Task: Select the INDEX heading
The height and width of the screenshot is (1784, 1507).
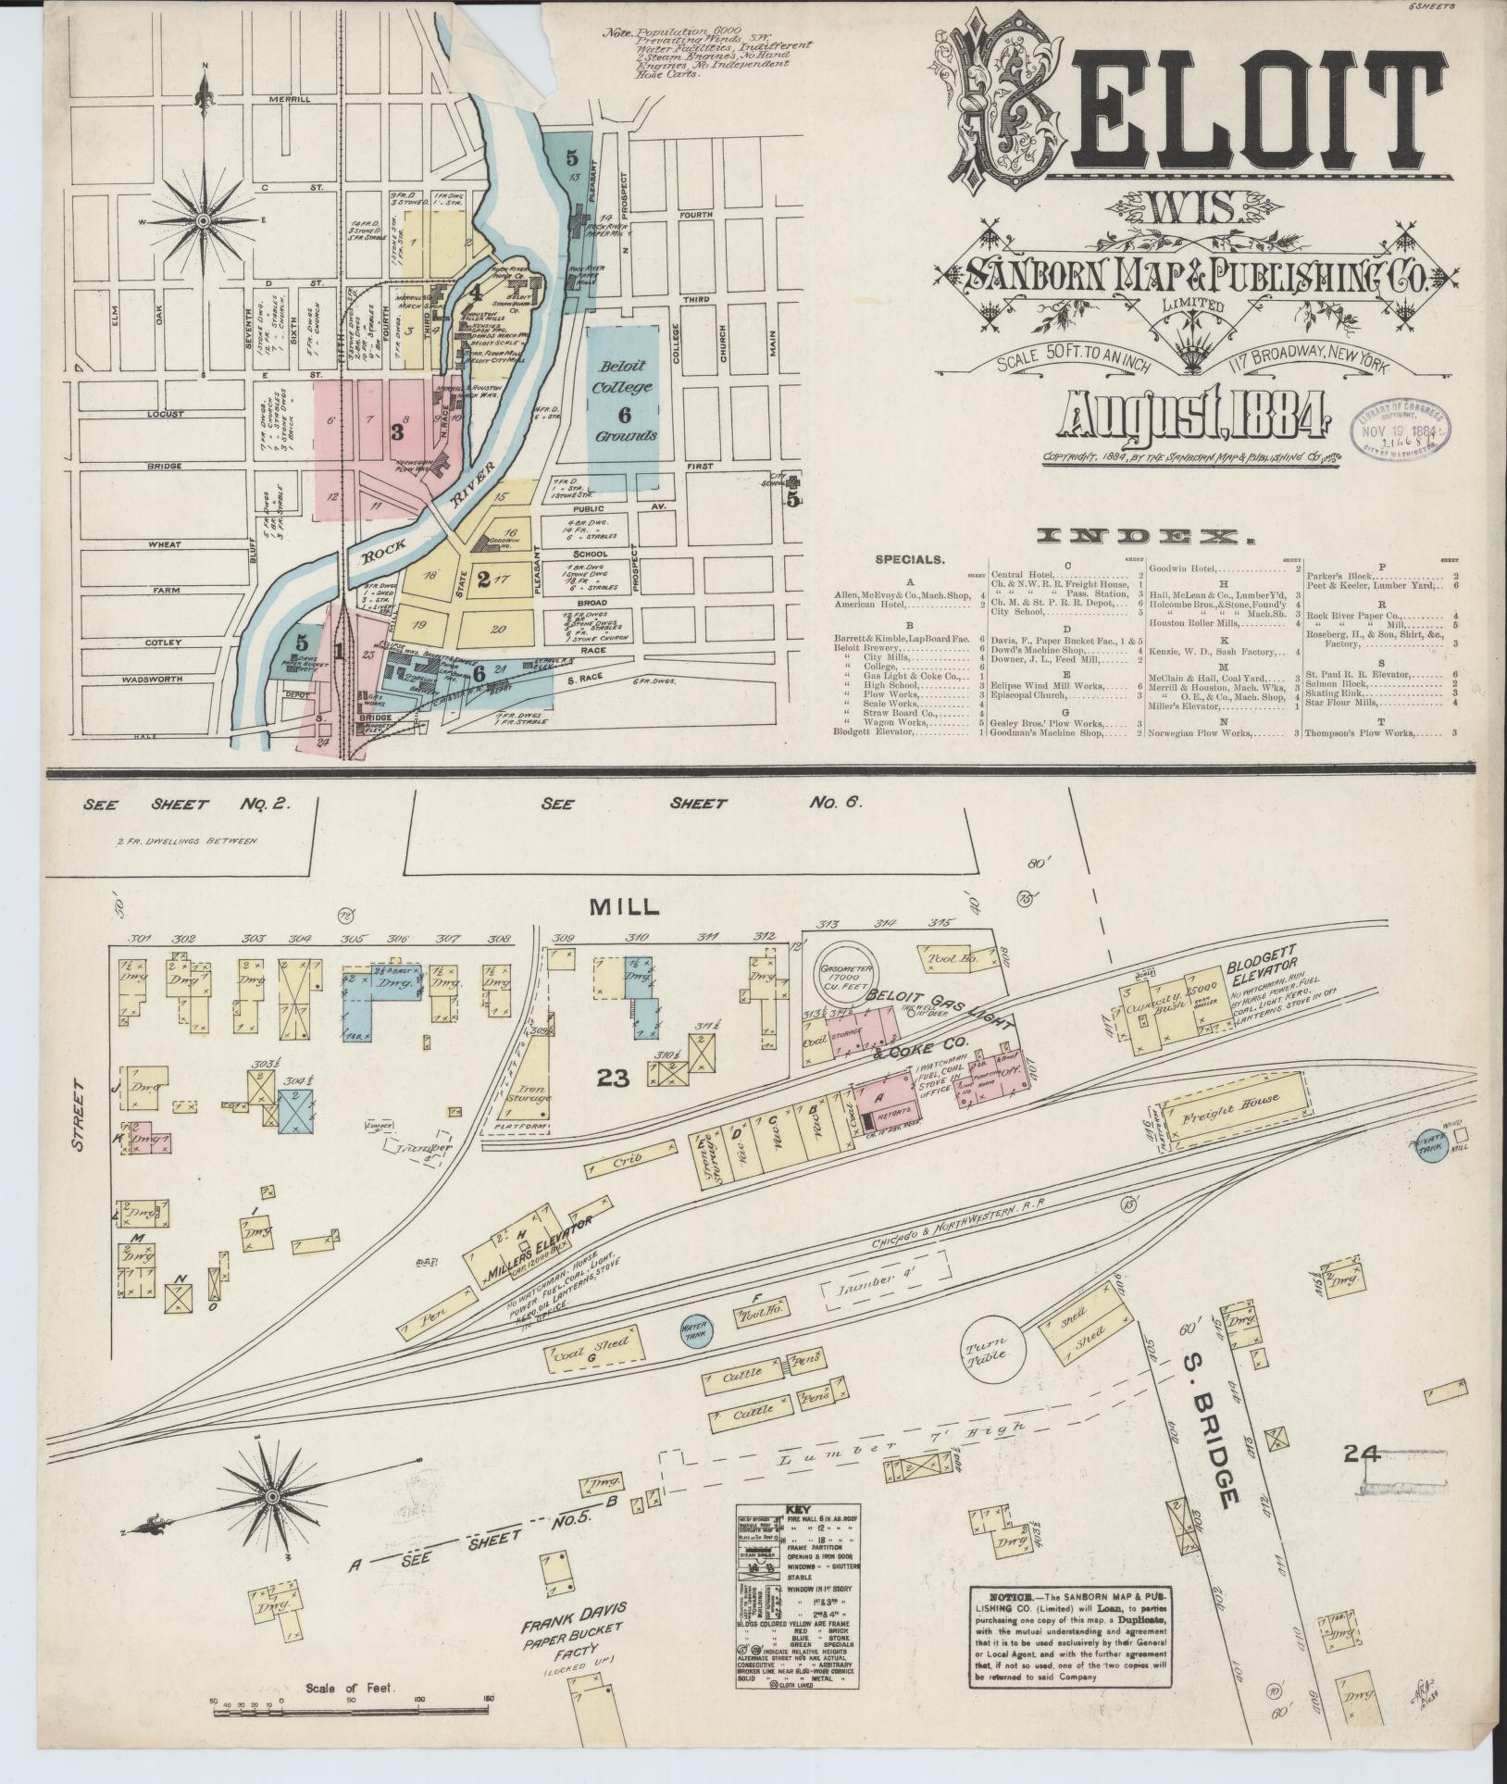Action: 1139,535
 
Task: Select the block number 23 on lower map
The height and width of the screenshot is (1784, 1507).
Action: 614,1078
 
